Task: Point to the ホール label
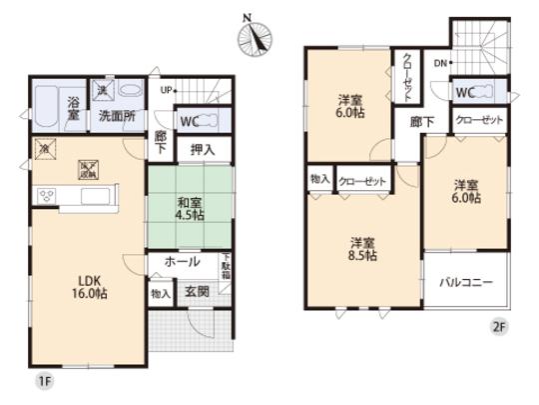[x=183, y=262]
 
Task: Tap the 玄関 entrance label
[x=196, y=292]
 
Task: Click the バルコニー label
[x=468, y=283]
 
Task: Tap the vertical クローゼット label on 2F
[x=407, y=78]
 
